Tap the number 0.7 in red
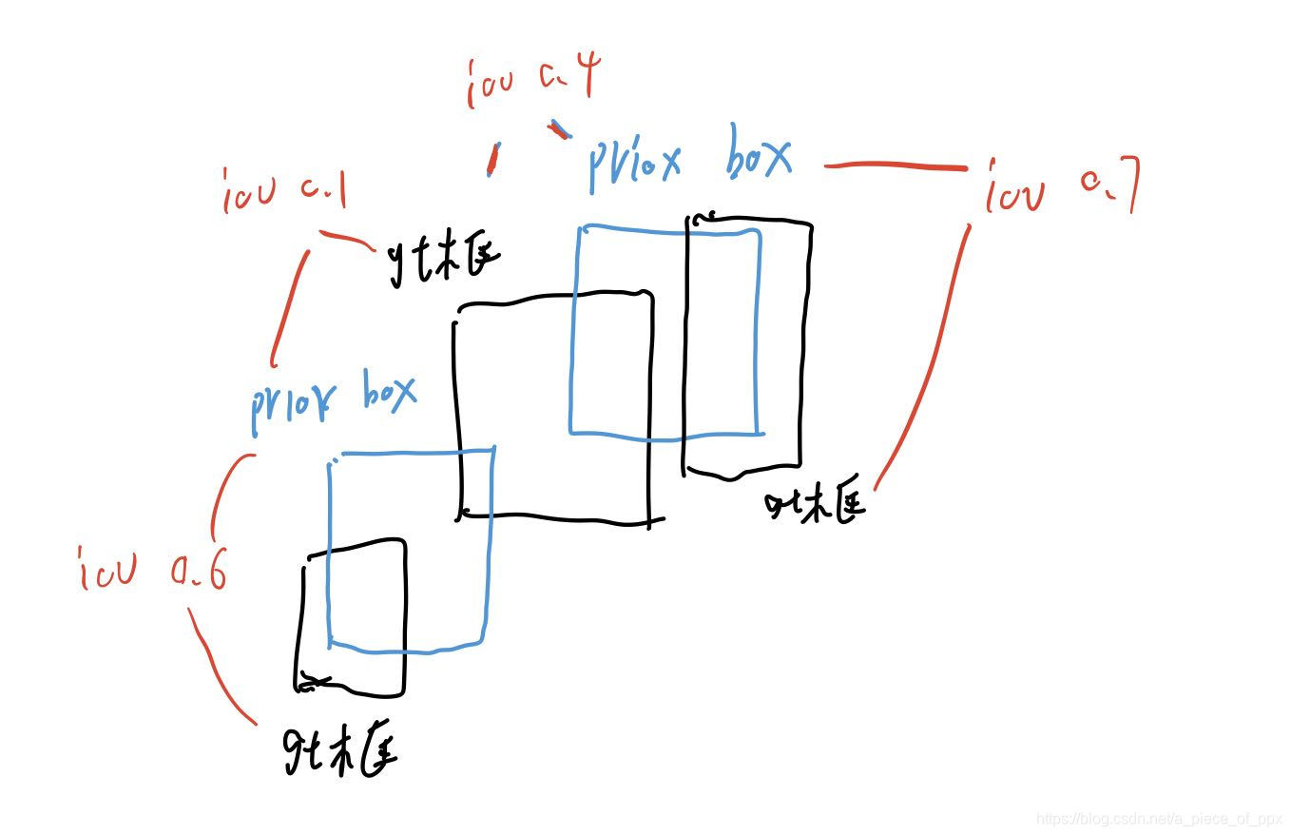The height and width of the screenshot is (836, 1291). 1109,185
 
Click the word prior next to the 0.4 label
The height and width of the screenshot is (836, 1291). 634,164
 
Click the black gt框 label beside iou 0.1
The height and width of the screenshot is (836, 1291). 443,259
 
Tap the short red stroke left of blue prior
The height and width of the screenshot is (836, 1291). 491,159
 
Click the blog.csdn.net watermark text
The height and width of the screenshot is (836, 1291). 1159,819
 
